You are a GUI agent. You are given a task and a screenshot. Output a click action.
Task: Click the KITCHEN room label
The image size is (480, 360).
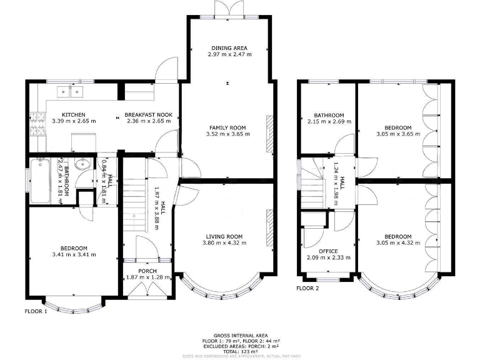pos(74,115)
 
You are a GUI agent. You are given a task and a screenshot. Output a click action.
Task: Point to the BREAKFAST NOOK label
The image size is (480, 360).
pos(148,115)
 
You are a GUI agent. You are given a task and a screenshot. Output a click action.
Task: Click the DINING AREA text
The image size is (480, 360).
pos(229,48)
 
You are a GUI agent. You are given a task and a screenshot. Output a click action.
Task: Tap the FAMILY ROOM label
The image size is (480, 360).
pos(227,127)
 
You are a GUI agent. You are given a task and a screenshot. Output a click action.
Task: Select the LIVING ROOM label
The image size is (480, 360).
pos(224,236)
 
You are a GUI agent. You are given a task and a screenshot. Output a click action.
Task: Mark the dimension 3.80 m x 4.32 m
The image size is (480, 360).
pos(224,243)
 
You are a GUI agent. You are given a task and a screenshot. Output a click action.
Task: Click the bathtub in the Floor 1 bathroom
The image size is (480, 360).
pos(41,181)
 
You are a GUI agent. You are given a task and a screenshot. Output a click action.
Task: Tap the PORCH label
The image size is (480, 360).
pos(147,271)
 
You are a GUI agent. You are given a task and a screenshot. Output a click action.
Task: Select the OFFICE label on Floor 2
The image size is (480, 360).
pos(328,251)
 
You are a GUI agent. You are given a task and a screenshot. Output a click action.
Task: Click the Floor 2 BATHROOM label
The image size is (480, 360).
pos(329,115)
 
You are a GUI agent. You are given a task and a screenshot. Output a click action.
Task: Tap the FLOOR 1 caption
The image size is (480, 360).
pos(36,311)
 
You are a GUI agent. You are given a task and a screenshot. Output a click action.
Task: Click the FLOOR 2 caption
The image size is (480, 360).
pos(307,288)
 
